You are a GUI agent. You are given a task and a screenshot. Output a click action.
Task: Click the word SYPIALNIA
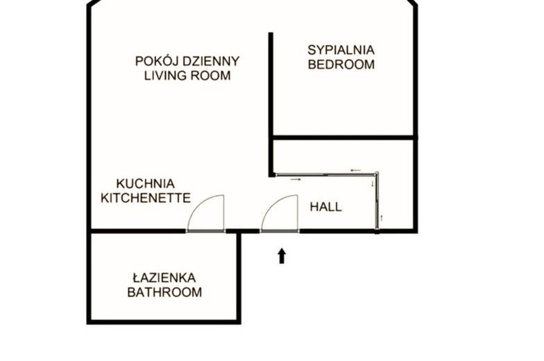(341, 50)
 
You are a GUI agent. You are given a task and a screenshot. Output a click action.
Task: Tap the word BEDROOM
(341, 65)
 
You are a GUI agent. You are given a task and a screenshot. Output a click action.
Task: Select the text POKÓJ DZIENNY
(187, 61)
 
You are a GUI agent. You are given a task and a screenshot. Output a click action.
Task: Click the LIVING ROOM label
(187, 75)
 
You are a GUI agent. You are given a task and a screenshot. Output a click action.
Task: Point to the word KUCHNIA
(146, 183)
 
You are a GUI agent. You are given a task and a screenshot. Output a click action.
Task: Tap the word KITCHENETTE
(146, 198)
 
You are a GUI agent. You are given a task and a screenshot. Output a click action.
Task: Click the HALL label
(326, 207)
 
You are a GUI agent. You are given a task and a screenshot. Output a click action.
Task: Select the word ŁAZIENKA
(164, 278)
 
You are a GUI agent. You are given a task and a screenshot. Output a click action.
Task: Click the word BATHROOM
(164, 292)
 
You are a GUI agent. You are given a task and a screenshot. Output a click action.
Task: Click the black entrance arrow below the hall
(282, 255)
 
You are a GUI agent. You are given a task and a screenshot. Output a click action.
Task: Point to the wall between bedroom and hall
(343, 137)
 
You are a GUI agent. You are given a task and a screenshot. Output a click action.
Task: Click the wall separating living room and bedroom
(271, 105)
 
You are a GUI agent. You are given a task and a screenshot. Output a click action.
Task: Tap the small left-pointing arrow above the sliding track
(355, 170)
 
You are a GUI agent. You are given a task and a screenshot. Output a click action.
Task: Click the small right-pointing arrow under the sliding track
(296, 179)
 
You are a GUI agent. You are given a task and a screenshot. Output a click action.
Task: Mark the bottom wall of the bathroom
(164, 322)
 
